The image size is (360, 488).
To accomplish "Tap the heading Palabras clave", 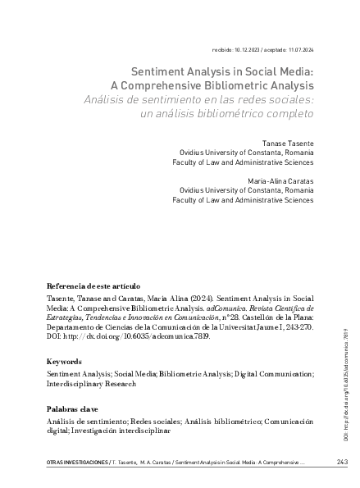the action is pyautogui.click(x=75, y=408).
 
